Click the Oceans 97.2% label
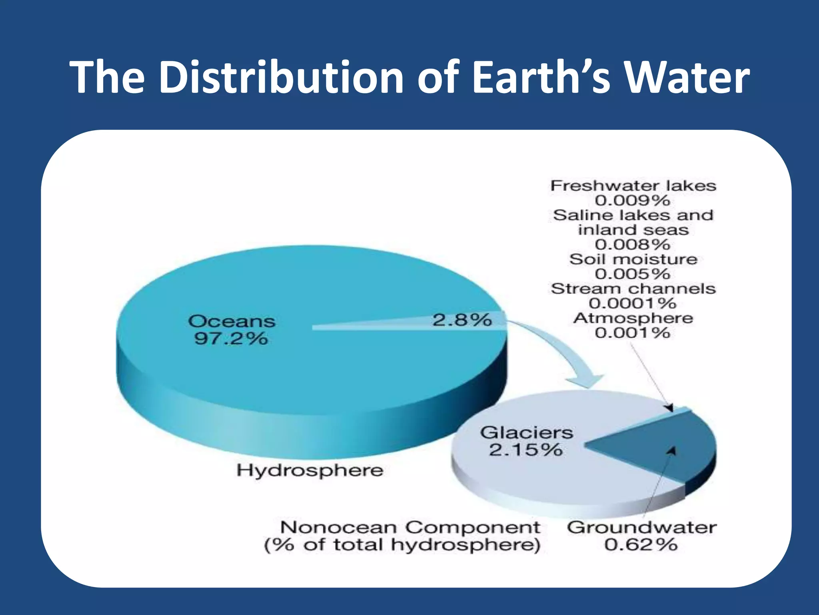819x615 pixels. coord(231,330)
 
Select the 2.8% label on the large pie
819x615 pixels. coord(462,320)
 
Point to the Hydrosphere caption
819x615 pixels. coord(310,470)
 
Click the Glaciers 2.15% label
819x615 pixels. coord(526,441)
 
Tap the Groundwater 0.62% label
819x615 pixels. coord(641,536)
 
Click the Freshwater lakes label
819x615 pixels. coord(633,186)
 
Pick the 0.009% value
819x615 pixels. coord(632,200)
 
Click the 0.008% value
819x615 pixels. coord(632,244)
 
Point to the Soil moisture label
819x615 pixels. coord(633,259)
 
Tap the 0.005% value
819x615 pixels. coord(632,274)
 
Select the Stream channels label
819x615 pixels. coord(633,289)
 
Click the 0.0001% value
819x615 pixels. coord(632,303)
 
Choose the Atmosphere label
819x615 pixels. coord(633,318)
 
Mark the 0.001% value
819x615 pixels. coord(632,333)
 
